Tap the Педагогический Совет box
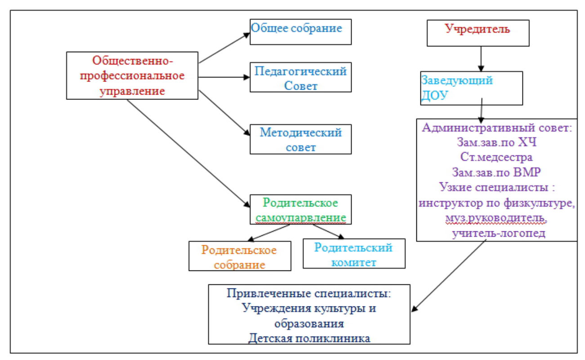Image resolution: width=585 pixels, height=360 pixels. pyautogui.click(x=300, y=78)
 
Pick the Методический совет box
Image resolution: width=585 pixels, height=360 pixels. pyautogui.click(x=300, y=139)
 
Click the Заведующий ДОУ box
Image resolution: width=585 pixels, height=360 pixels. pyautogui.click(x=471, y=88)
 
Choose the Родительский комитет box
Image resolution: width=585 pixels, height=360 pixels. pyautogui.click(x=353, y=254)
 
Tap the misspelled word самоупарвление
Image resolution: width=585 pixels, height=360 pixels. pyautogui.click(x=301, y=216)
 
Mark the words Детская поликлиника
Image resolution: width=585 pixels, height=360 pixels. pyautogui.click(x=309, y=337)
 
